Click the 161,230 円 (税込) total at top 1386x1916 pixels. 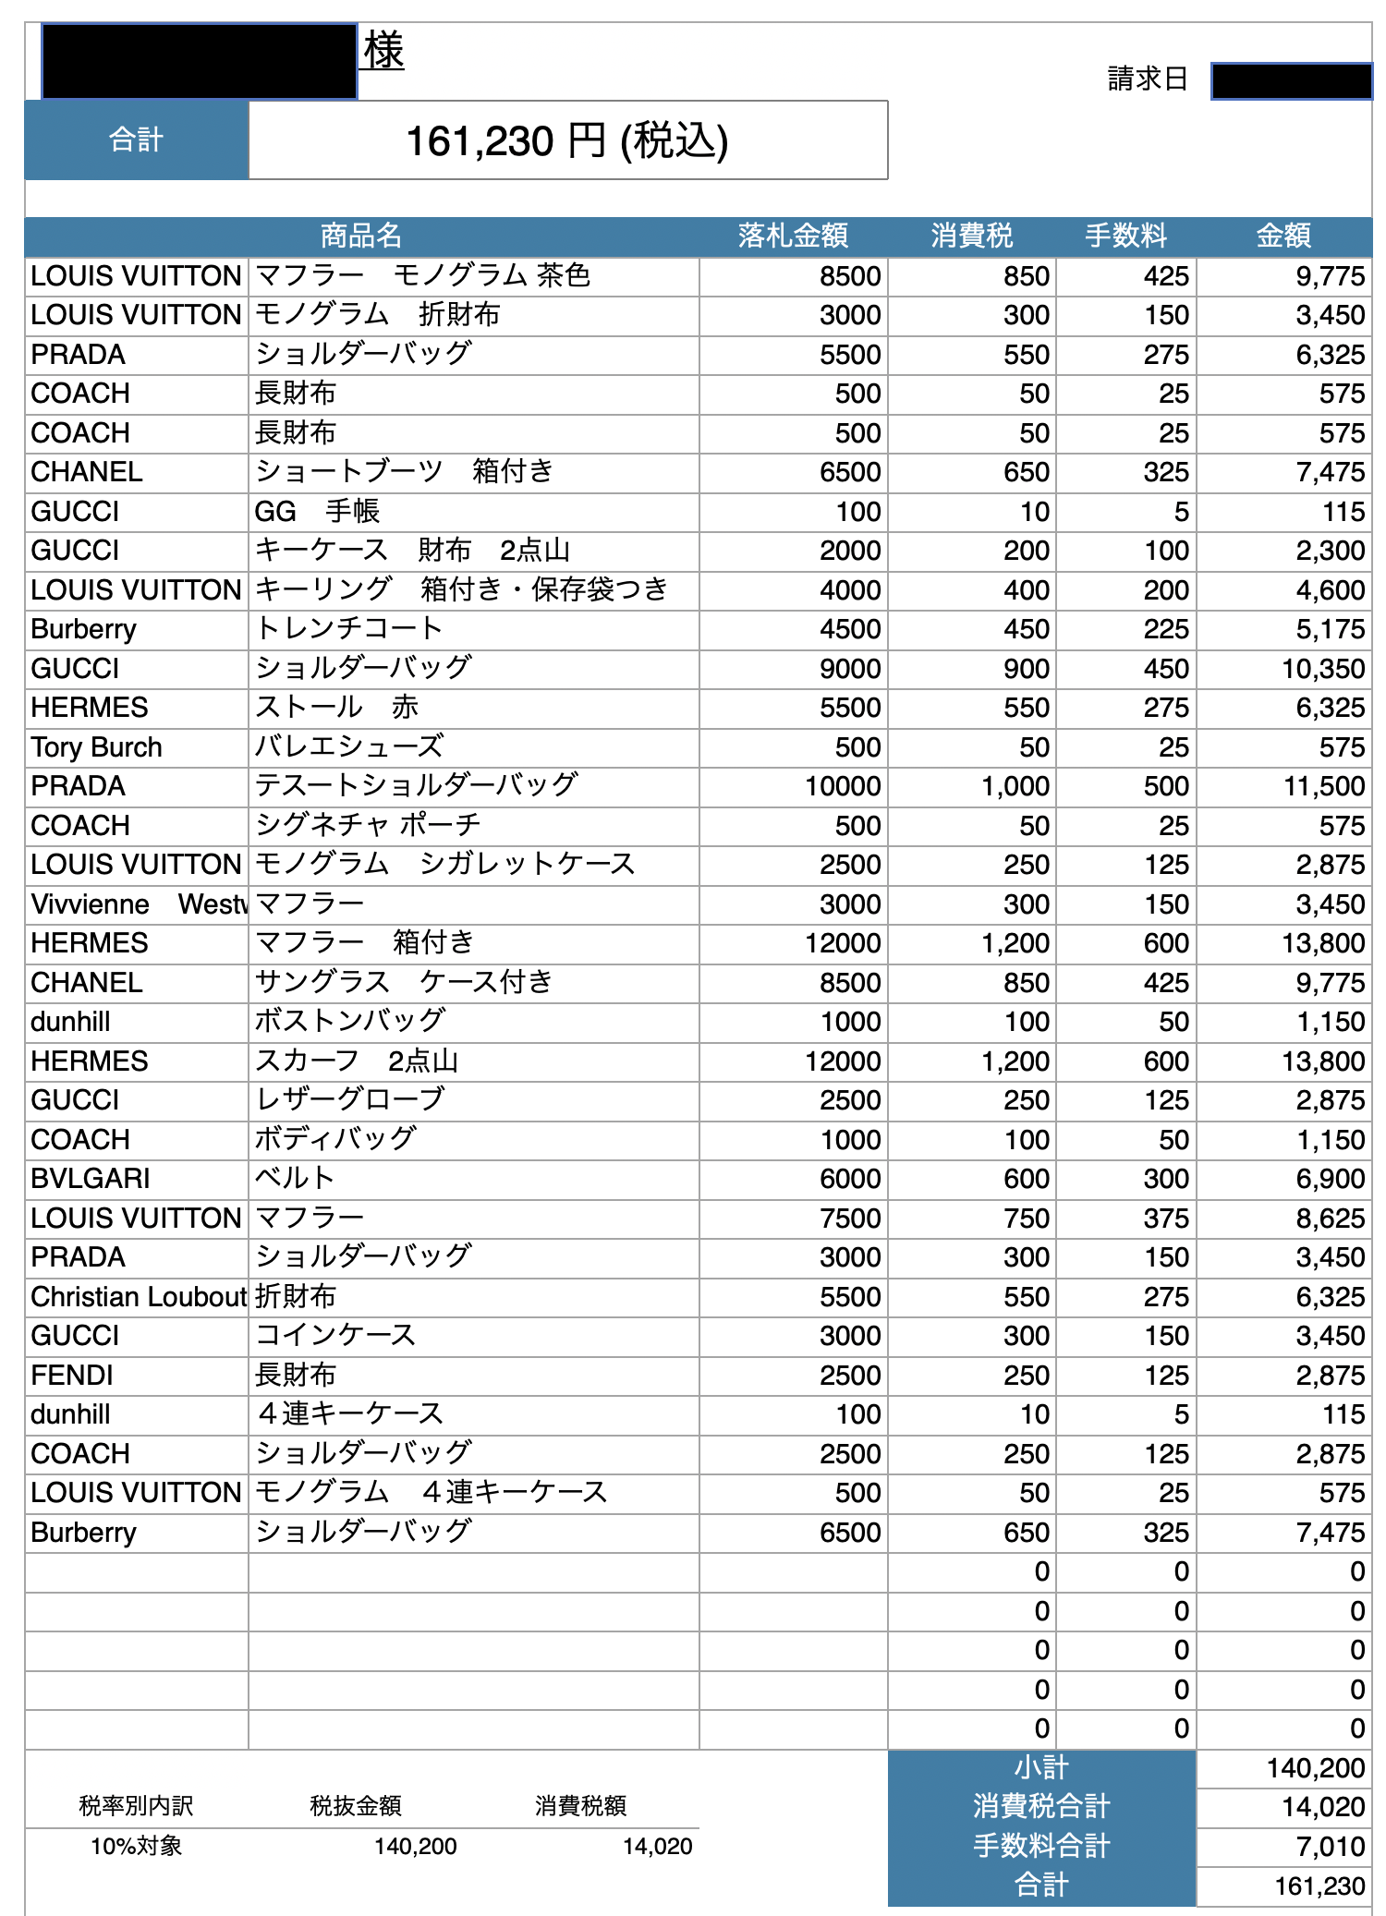coord(566,141)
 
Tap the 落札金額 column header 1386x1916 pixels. coord(793,236)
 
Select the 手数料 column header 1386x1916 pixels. coord(1125,236)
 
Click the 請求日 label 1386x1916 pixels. coord(1148,79)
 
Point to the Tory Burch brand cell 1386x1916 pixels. coord(96,747)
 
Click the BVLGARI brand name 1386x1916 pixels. coord(90,1179)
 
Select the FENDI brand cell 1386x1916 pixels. coord(72,1376)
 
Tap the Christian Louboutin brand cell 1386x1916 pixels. coord(139,1297)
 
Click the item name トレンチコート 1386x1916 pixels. coord(348,629)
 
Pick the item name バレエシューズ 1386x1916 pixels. coord(349,746)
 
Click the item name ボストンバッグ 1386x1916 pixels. coord(349,1021)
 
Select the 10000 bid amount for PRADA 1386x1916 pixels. coord(842,786)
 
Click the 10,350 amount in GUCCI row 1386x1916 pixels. coord(1322,669)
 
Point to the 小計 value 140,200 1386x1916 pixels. coord(1315,1768)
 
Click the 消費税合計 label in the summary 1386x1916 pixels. coord(1041,1807)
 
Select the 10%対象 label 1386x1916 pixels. coord(136,1847)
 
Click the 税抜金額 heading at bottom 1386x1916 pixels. coord(356,1806)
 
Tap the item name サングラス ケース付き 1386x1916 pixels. coord(403,982)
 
